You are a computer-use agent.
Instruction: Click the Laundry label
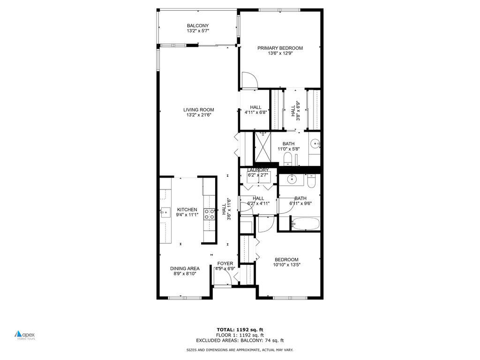pyautogui.click(x=258, y=170)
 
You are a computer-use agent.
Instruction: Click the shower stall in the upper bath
pyautogui.click(x=262, y=146)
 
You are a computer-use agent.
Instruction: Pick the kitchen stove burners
pyautogui.click(x=209, y=214)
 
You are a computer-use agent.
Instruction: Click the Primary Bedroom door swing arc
pyautogui.click(x=249, y=80)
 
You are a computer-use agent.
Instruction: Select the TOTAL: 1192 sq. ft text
pyautogui.click(x=243, y=330)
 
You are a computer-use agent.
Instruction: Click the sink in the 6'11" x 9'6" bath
pyautogui.click(x=292, y=179)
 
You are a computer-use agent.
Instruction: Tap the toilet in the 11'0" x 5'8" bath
pyautogui.click(x=288, y=159)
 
